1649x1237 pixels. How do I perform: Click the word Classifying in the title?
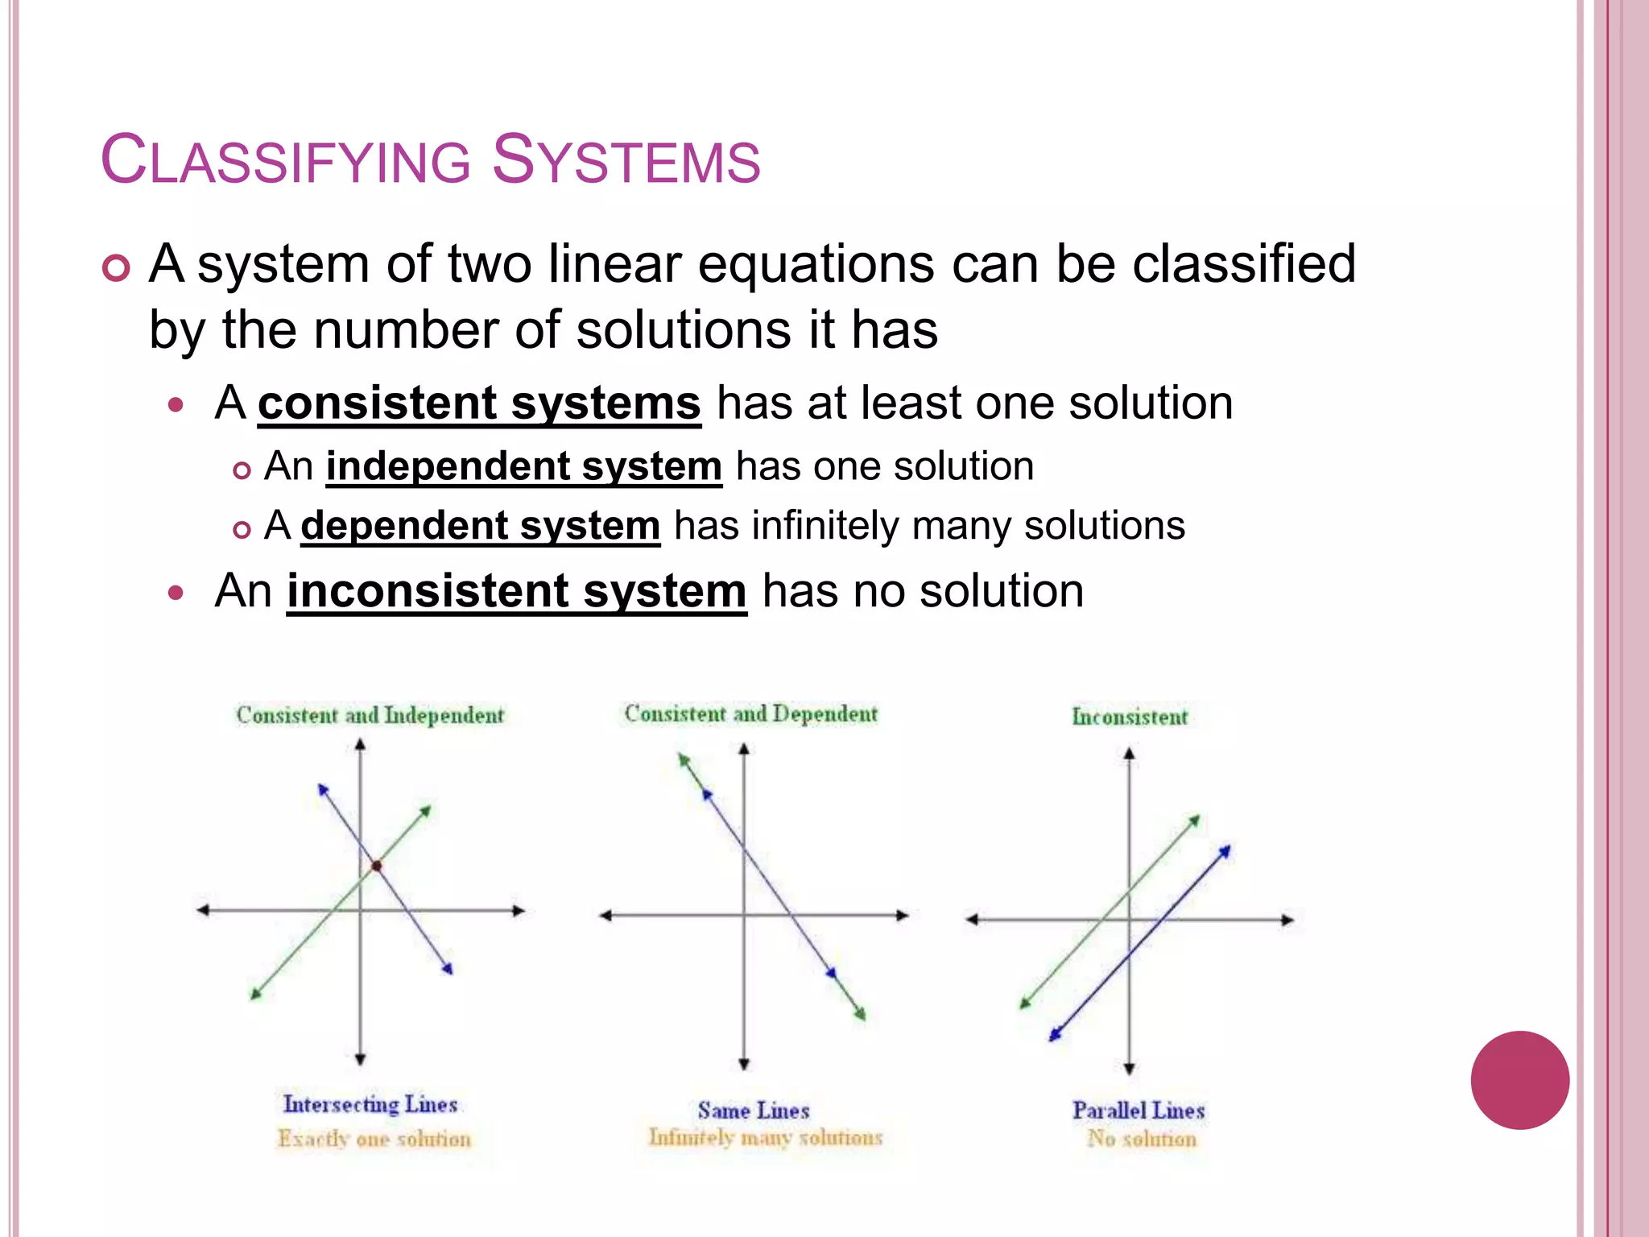286,159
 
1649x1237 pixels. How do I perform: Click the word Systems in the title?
626,159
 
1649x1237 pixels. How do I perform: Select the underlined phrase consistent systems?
479,403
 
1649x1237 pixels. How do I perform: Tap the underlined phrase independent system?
523,466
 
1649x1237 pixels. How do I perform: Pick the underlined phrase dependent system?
481,526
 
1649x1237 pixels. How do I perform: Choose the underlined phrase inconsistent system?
516,591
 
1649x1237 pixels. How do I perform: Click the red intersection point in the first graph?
376,866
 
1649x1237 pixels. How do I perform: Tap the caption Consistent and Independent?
370,715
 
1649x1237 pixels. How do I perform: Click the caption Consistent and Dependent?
750,714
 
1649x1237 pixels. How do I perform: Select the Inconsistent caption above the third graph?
1129,717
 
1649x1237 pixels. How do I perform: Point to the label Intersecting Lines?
370,1104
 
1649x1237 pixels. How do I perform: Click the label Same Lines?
753,1111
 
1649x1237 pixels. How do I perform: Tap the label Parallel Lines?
1138,1111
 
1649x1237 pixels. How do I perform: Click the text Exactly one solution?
374,1139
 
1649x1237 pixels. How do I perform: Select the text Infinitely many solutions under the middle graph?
766,1137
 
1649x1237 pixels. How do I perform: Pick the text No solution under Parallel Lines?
1142,1139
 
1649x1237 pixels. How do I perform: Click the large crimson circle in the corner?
1519,1080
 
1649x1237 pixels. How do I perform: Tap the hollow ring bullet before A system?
117,268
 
